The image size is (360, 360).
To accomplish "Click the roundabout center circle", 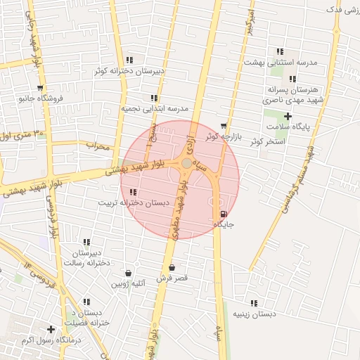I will point(186,163).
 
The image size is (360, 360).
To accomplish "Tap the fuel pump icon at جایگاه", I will point(224,214).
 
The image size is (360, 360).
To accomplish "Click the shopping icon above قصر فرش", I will point(172,267).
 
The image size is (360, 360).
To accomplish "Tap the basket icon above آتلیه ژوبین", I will point(128,273).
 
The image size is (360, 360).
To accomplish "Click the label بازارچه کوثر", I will point(224,135).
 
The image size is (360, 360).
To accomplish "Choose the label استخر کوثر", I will point(266,141).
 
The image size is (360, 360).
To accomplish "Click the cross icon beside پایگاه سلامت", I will point(288,115).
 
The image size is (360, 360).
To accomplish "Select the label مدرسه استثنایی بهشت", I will point(281,62).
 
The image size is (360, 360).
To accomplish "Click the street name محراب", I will point(98,146).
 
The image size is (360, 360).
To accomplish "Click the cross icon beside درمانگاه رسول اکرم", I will point(51,329).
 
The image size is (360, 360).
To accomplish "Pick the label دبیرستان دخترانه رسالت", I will point(88,257).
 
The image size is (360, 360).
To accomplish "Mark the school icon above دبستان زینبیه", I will point(253,303).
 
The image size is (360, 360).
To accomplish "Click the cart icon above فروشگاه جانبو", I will point(40,88).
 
